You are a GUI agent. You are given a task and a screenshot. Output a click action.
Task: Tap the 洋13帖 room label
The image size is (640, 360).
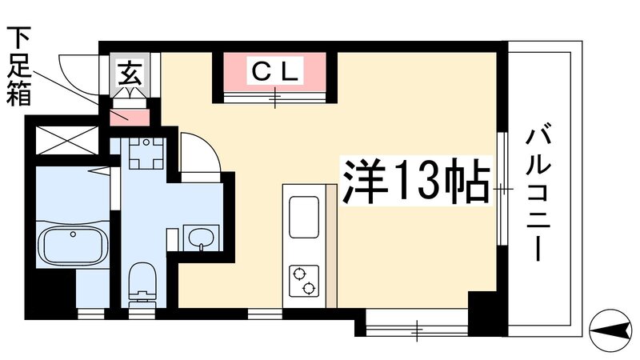pos(416,183)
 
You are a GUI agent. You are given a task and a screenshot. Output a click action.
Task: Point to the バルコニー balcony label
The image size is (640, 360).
pos(535,193)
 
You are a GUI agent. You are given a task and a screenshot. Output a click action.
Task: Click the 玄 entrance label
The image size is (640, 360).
pos(130,73)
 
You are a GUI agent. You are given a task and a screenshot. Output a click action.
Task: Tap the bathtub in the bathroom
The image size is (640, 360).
pos(73,245)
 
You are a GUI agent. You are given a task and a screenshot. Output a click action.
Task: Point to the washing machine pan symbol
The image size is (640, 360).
pos(146,154)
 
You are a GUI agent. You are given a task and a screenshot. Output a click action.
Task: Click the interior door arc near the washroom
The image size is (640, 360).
pos(197,152)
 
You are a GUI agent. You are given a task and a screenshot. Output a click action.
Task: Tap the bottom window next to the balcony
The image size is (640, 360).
pos(416,326)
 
